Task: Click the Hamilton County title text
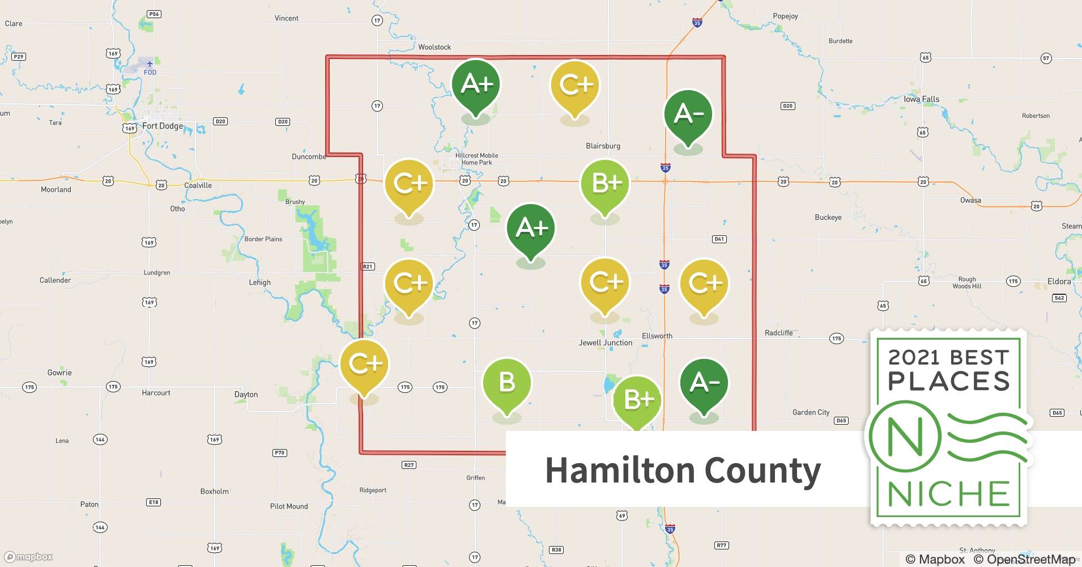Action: click(x=683, y=470)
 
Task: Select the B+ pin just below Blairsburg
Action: click(x=605, y=184)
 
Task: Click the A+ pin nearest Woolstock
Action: click(x=476, y=84)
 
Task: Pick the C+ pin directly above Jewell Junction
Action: click(x=605, y=282)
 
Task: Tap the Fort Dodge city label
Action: click(x=163, y=126)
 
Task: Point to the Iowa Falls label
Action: click(x=921, y=99)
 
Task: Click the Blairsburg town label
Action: click(x=603, y=146)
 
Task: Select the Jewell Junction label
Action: click(x=605, y=343)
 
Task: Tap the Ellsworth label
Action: click(x=657, y=336)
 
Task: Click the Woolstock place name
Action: click(x=434, y=47)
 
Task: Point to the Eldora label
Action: click(x=1059, y=281)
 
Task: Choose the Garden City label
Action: click(x=811, y=412)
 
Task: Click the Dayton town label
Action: click(x=246, y=395)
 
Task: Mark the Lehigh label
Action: click(x=260, y=282)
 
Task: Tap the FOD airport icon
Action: click(x=150, y=64)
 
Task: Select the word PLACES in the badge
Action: click(x=949, y=381)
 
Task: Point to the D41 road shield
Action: click(x=719, y=239)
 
